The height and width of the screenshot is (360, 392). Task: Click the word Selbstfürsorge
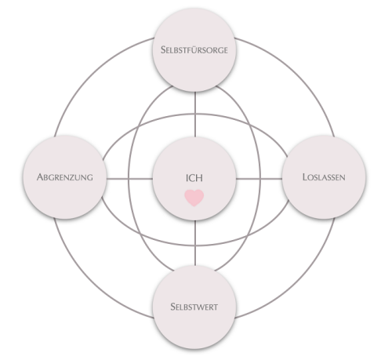point(194,49)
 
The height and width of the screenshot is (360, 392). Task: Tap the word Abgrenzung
point(65,177)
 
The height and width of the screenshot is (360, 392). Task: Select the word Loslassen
point(324,177)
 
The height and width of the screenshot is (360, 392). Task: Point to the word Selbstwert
point(194,307)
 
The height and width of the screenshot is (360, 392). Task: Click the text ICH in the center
point(194,178)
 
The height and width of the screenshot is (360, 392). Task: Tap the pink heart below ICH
point(194,198)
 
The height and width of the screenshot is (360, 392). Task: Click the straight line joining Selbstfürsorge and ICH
point(195,115)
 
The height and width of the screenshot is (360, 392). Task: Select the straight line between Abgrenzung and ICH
point(129,179)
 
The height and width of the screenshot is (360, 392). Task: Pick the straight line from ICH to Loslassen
point(260,179)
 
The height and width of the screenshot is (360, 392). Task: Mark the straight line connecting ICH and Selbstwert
point(195,243)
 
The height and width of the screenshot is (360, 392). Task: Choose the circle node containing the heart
point(194,179)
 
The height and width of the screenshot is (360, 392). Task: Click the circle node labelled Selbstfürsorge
point(194,49)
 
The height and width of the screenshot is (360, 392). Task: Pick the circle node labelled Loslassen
point(324,177)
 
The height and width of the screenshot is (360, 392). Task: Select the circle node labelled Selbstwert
point(194,307)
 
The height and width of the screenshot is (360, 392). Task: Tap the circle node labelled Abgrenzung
point(65,177)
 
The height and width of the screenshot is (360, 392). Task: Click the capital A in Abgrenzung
point(40,177)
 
